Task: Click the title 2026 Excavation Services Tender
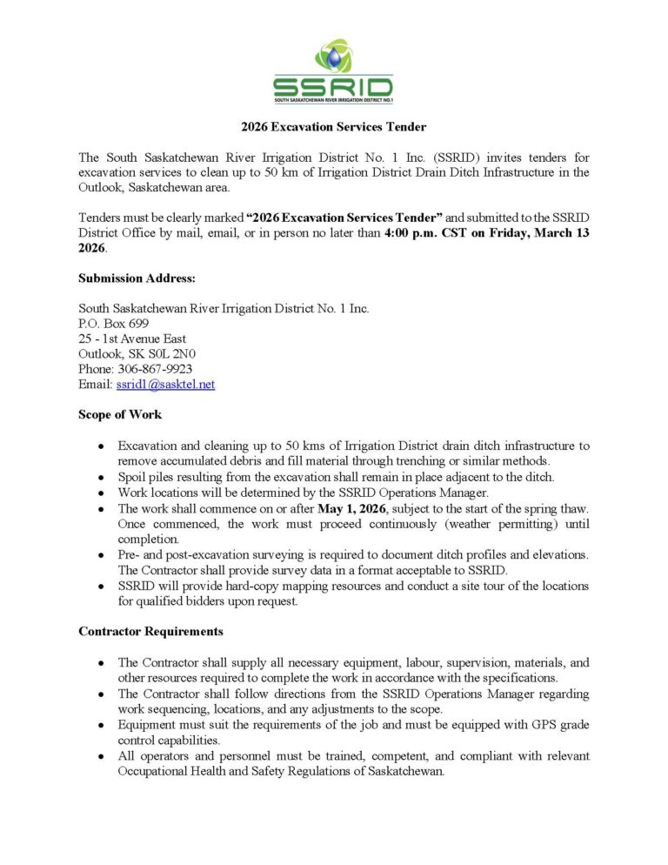[333, 127]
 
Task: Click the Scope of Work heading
[120, 414]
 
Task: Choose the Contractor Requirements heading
[150, 631]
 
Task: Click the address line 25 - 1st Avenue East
[132, 339]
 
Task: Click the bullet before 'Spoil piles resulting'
[102, 477]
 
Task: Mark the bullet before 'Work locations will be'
[102, 493]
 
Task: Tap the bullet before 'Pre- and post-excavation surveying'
[102, 555]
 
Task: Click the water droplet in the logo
[333, 57]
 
